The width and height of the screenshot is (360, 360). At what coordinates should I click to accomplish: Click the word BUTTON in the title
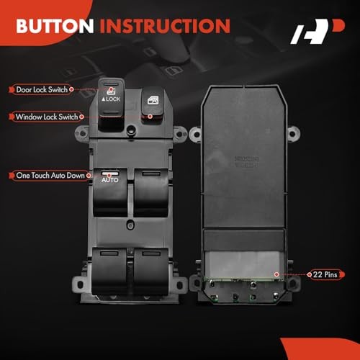coord(55,27)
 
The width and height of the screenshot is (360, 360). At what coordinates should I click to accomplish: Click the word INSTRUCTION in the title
coord(165,27)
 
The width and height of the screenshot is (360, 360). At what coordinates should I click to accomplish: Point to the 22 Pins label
coord(325,274)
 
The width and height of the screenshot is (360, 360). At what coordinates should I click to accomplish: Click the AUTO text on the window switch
coord(109,179)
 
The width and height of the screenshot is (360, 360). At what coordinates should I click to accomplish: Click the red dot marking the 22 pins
coord(278,274)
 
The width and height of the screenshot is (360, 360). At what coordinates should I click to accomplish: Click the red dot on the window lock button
coord(149,114)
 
